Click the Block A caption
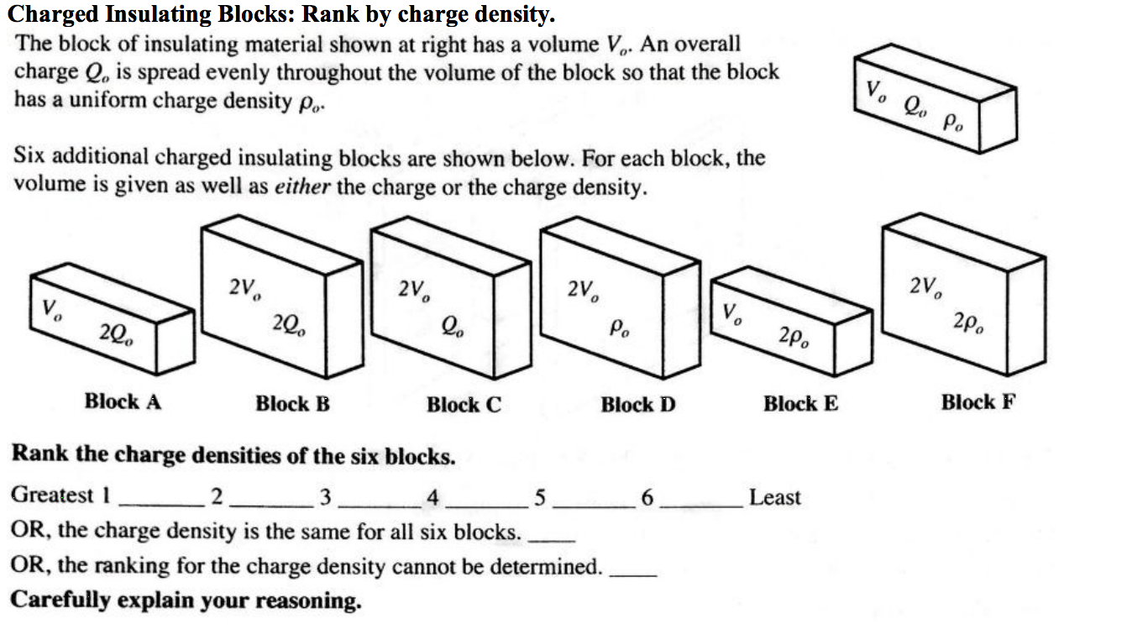click(123, 401)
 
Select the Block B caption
click(292, 404)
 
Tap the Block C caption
click(464, 405)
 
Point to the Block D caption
click(637, 405)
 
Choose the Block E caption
click(800, 404)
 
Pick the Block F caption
click(977, 402)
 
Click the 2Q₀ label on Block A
click(114, 334)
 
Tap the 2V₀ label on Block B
click(244, 288)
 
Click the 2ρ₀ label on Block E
click(794, 337)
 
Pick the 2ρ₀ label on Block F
click(968, 323)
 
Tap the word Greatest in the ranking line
click(53, 495)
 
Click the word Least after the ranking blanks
click(774, 497)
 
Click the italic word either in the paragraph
click(303, 186)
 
